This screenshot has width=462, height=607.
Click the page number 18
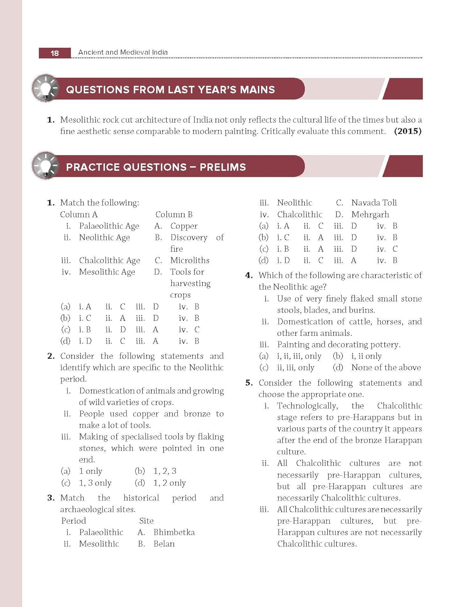click(55, 53)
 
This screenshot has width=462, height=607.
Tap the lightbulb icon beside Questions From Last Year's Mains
click(45, 89)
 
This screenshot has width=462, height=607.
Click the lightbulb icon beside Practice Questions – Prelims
click(45, 166)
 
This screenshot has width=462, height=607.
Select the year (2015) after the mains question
click(407, 131)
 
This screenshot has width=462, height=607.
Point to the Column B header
click(174, 214)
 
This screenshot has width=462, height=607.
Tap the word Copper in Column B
click(184, 226)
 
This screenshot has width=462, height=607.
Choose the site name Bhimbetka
click(174, 532)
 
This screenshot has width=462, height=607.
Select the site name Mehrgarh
click(370, 214)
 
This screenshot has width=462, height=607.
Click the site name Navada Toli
click(374, 203)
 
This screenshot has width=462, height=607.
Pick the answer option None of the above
click(386, 367)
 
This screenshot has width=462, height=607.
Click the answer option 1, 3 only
click(95, 483)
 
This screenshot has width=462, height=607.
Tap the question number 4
click(249, 276)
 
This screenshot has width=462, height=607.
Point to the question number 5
click(249, 383)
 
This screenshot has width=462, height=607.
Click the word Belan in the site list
click(164, 544)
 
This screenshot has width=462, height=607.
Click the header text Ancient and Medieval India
click(123, 52)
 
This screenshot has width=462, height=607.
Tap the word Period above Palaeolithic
click(74, 521)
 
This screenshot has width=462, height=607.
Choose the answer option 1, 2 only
click(169, 483)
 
